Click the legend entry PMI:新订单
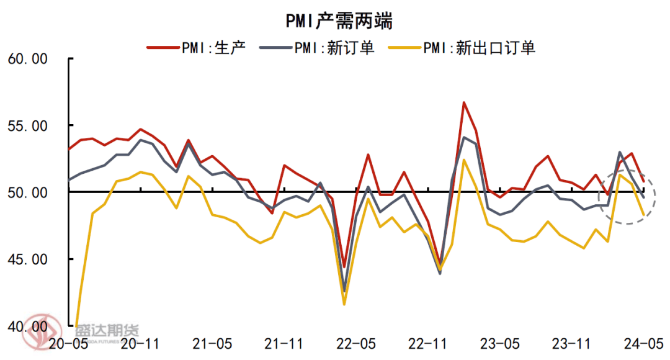pyautogui.click(x=335, y=48)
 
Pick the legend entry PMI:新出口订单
pyautogui.click(x=478, y=48)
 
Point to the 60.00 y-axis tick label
pyautogui.click(x=27, y=59)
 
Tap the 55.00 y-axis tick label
pyautogui.click(x=27, y=125)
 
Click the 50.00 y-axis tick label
pyautogui.click(x=27, y=192)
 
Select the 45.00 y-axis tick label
pyautogui.click(x=27, y=259)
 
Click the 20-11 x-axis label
pyautogui.click(x=140, y=343)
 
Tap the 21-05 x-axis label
pyautogui.click(x=212, y=343)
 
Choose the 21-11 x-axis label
pyautogui.click(x=284, y=343)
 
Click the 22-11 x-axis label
pyautogui.click(x=429, y=343)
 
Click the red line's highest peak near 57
pyautogui.click(x=463, y=102)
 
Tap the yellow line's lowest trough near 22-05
pyautogui.click(x=344, y=304)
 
